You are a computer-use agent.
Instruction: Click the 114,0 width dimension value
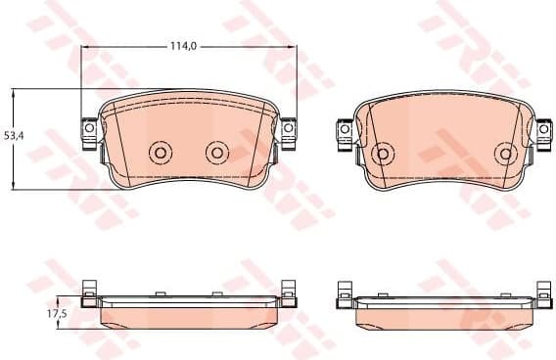[183, 46]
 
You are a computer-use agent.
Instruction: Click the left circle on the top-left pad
[160, 152]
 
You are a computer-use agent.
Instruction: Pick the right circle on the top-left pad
[215, 152]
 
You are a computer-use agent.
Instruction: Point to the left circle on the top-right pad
[384, 153]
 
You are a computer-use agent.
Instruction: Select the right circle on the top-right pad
[505, 153]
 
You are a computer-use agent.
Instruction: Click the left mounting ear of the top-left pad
[87, 129]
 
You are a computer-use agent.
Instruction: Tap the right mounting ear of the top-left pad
[289, 129]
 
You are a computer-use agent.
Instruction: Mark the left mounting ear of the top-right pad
[346, 128]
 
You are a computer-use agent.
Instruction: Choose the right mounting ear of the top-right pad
[541, 128]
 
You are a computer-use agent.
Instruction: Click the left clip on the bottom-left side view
[88, 291]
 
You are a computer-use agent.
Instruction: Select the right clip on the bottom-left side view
[288, 291]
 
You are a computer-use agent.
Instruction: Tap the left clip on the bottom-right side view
[345, 291]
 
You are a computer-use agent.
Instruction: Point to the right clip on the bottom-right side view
[542, 291]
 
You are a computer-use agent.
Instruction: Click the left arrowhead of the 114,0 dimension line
[85, 46]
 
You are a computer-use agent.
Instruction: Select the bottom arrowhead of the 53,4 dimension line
[13, 186]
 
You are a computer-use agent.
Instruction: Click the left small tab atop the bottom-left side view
[159, 292]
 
